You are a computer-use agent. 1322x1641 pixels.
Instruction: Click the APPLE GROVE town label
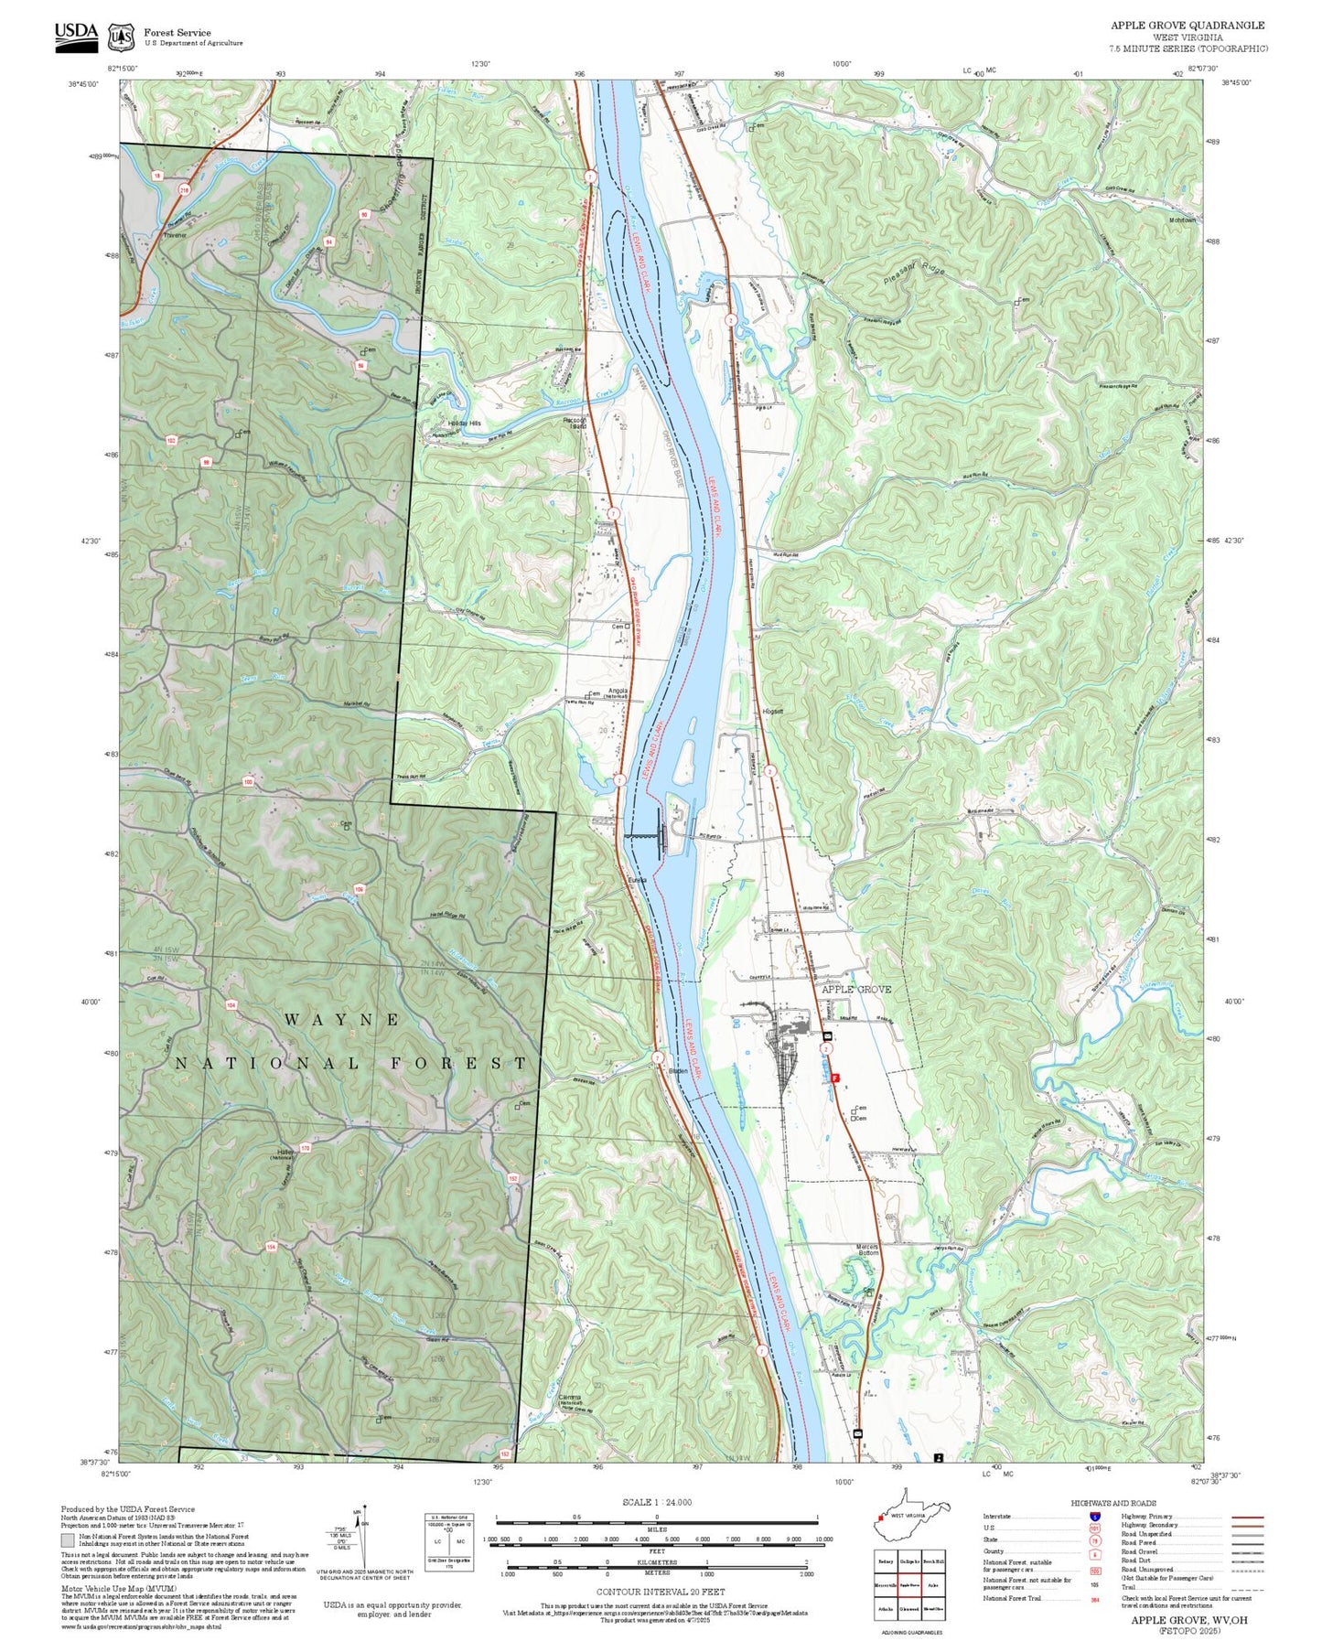(x=855, y=989)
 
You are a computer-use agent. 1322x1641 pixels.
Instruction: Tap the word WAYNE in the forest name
(x=341, y=1019)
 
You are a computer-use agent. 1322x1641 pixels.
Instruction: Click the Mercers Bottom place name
(x=866, y=1249)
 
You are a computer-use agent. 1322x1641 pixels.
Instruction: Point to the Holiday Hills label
(x=463, y=424)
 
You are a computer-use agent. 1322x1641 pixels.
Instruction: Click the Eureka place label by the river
(x=637, y=880)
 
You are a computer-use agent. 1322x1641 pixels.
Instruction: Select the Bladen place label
(x=678, y=1070)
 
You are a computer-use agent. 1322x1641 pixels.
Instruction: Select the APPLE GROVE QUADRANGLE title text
(x=1188, y=26)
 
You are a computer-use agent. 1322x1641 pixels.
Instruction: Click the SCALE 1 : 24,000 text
(x=656, y=1501)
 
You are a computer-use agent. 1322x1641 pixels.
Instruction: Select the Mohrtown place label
(x=1182, y=220)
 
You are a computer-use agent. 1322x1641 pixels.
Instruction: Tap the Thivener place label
(x=174, y=235)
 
